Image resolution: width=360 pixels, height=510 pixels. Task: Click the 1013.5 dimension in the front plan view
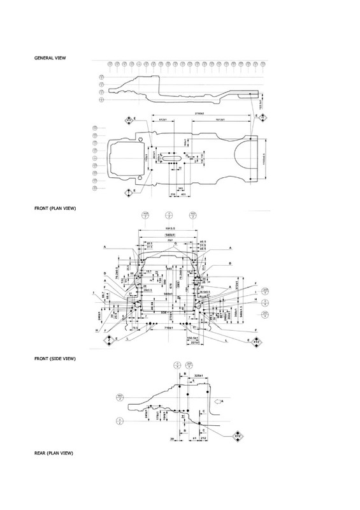tap(169, 228)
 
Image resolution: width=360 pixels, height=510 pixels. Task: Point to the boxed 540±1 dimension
tap(169, 235)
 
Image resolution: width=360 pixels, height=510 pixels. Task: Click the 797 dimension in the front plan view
tap(169, 241)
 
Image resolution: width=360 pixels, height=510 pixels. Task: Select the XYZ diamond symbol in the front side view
tap(238, 435)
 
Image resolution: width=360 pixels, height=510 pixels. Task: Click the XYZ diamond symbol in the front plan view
tap(257, 342)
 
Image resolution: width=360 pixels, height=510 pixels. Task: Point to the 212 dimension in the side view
tap(203, 439)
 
